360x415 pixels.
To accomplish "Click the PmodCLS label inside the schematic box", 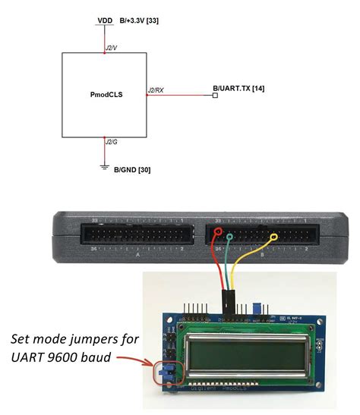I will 105,96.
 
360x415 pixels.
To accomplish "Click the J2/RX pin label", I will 155,90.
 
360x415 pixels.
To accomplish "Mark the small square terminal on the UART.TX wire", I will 215,96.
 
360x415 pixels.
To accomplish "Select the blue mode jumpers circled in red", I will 165,373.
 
